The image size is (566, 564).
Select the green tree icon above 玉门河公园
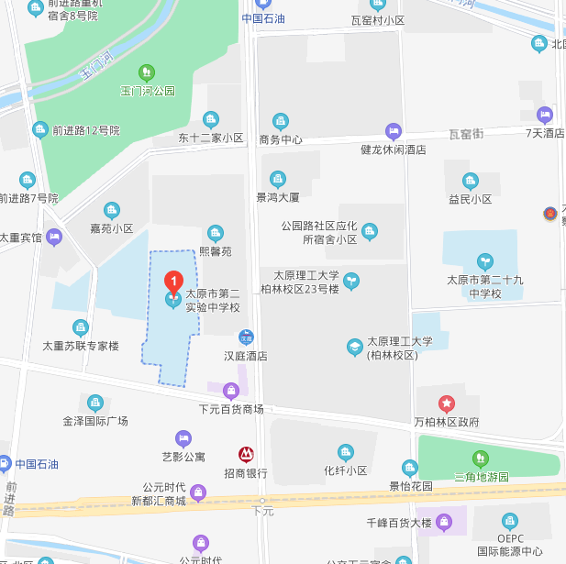(x=147, y=72)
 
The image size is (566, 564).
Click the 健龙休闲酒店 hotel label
(x=394, y=149)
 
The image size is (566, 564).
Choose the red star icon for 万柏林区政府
(x=446, y=403)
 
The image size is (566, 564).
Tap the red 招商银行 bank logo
(x=246, y=454)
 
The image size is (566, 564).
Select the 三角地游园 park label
(x=482, y=477)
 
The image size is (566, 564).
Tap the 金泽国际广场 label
(x=95, y=421)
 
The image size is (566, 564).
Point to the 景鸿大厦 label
(x=278, y=196)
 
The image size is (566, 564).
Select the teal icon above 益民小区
(x=471, y=180)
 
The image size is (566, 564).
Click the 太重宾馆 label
(x=21, y=237)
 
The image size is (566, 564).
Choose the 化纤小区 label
(x=345, y=470)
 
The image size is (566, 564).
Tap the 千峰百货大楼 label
(x=397, y=523)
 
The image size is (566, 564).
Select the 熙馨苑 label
(x=216, y=251)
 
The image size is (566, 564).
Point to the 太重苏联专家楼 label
(x=81, y=346)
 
